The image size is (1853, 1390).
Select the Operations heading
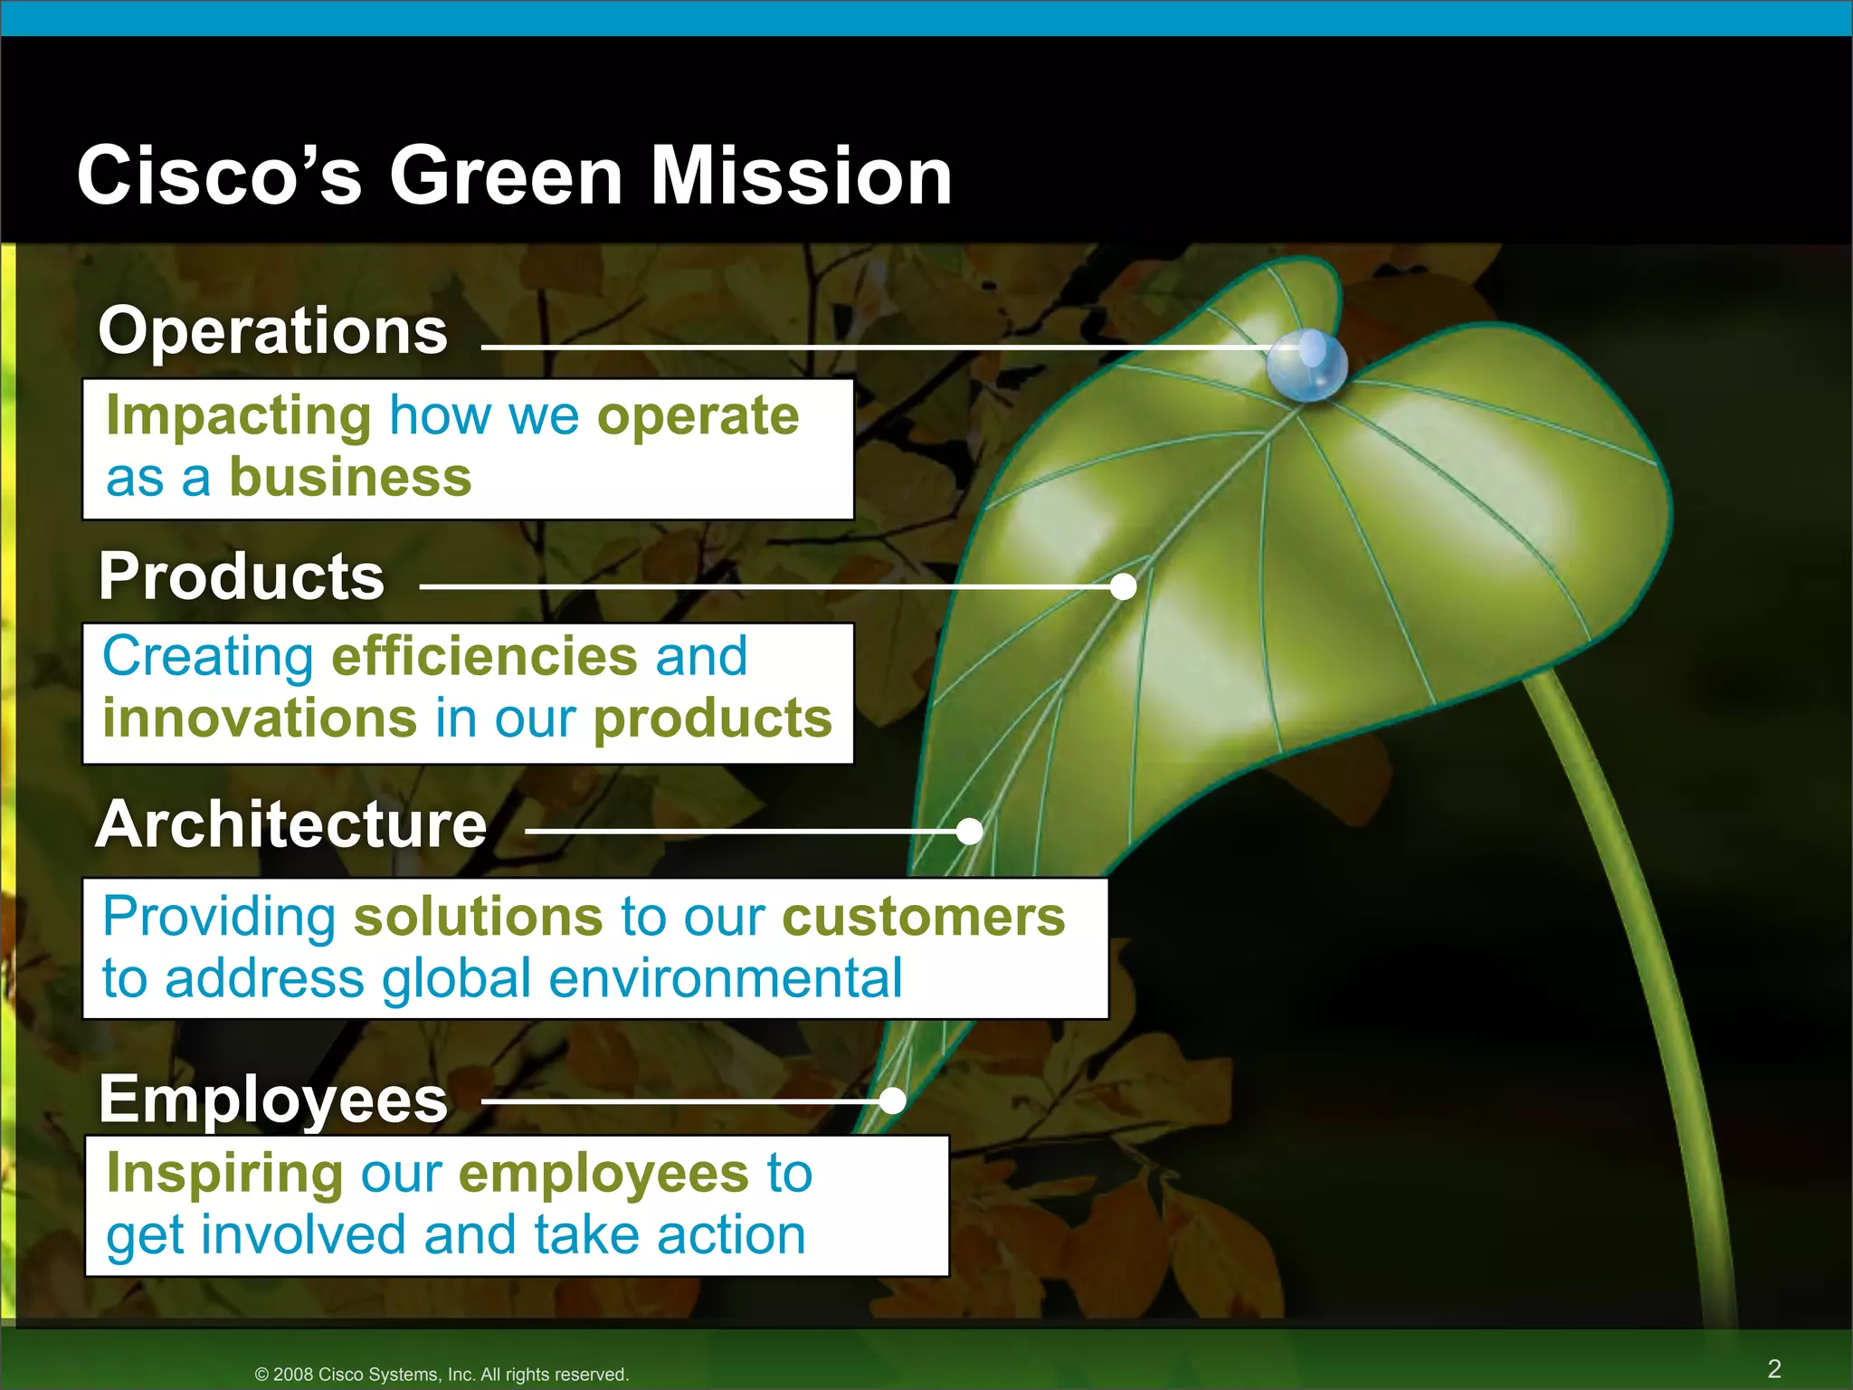(x=272, y=330)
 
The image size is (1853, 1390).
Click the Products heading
(x=242, y=576)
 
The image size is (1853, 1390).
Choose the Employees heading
(x=272, y=1100)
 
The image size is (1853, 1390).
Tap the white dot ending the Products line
(x=1123, y=586)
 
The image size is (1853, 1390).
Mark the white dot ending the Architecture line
(x=969, y=831)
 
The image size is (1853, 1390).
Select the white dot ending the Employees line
(x=892, y=1100)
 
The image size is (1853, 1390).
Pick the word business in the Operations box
(x=350, y=477)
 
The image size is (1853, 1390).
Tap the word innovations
(x=260, y=719)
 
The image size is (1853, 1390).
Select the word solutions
(x=478, y=917)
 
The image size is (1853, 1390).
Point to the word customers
(x=924, y=917)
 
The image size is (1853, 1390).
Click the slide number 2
(x=1774, y=1368)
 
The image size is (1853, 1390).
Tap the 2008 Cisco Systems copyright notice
(x=442, y=1374)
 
